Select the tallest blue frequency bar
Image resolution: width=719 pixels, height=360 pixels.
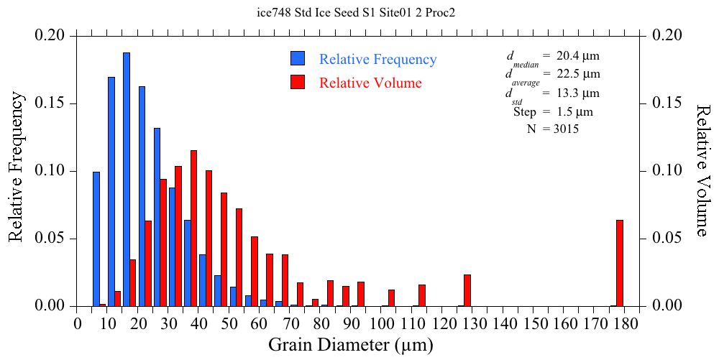127,180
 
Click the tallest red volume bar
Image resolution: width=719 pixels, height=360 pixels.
193,228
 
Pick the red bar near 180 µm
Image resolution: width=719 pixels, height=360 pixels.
619,263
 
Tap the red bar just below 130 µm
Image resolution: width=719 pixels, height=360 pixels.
467,290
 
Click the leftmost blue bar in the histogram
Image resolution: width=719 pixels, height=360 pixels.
96,239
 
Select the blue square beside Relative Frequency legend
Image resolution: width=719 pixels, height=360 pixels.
298,60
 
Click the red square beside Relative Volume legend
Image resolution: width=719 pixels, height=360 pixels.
298,83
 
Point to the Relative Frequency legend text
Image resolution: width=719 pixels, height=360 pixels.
377,60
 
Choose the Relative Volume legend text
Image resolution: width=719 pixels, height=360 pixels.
370,83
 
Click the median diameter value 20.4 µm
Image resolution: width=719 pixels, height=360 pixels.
578,55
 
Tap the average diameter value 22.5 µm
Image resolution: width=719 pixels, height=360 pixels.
578,74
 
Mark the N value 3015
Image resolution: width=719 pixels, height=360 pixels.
565,129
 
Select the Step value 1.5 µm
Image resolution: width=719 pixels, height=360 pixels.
573,111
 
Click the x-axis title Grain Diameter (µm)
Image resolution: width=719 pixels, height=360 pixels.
351,345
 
